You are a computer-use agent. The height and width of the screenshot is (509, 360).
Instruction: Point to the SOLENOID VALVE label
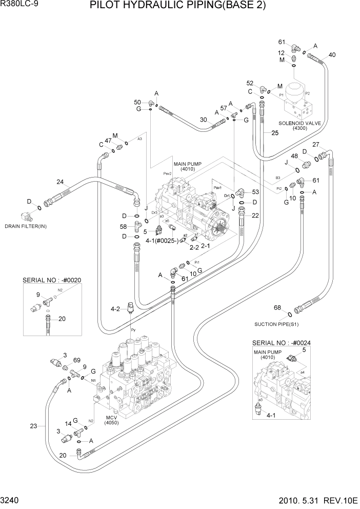[300, 123]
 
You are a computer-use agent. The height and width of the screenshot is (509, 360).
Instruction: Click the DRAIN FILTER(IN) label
[26, 226]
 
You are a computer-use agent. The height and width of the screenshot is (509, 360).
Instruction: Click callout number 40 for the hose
[332, 55]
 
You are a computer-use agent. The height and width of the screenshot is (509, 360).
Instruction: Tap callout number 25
[275, 133]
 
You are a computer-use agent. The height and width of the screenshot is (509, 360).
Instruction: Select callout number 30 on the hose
[203, 120]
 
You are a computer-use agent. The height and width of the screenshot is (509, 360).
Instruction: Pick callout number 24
[60, 182]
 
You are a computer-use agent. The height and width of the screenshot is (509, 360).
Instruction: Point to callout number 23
[34, 425]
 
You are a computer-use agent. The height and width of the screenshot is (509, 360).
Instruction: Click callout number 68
[277, 308]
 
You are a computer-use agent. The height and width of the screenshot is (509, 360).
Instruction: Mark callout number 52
[250, 83]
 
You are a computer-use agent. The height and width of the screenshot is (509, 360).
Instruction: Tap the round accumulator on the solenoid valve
[301, 89]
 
